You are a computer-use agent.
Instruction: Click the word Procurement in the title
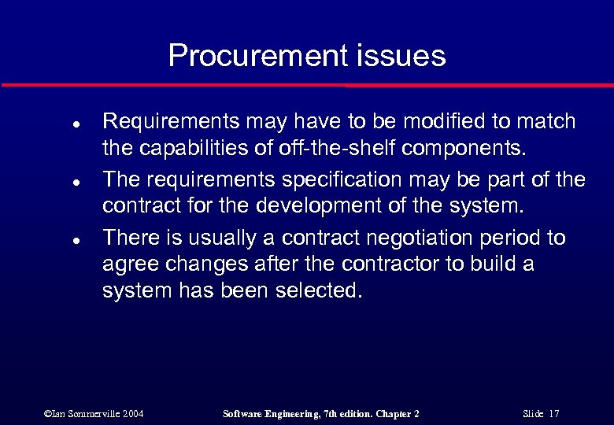(255, 56)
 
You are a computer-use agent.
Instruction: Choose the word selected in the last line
(320, 290)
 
